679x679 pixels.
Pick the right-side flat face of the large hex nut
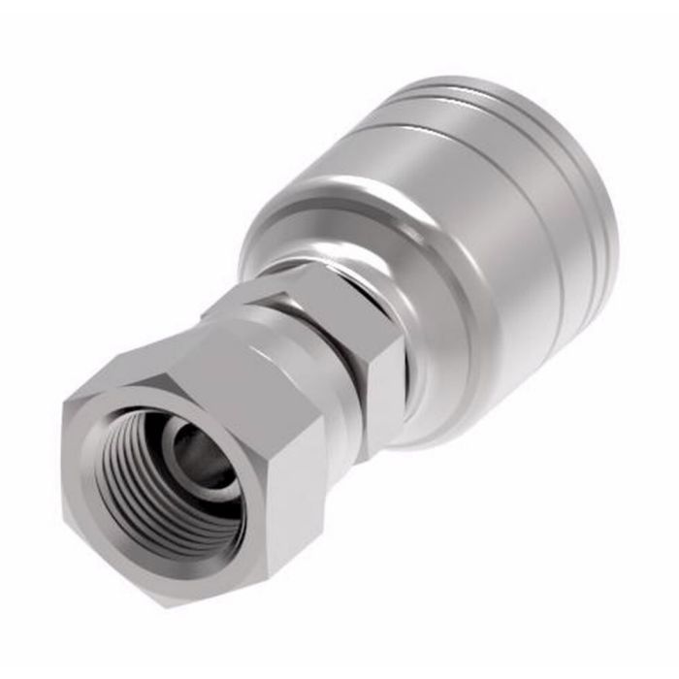pos(291,485)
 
